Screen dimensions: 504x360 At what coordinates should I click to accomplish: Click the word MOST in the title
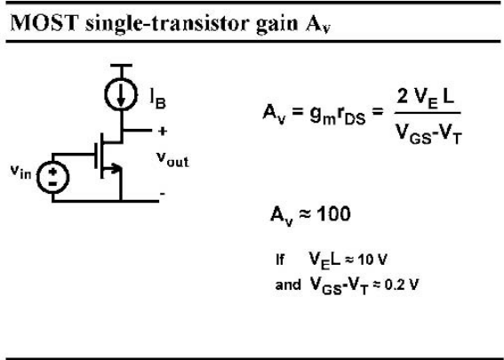tap(44, 23)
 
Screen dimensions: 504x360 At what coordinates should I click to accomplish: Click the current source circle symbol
tap(121, 94)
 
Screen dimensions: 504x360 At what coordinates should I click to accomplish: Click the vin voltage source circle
tap(53, 177)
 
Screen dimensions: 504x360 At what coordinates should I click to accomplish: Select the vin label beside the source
tap(21, 172)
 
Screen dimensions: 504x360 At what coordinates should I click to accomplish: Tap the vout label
tap(172, 159)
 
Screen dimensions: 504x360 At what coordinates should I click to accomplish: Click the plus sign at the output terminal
tap(163, 132)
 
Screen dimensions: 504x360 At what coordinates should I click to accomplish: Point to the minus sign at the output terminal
tap(163, 194)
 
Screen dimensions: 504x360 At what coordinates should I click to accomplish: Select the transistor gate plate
tap(96, 156)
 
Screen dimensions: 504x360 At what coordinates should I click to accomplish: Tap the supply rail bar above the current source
tap(121, 66)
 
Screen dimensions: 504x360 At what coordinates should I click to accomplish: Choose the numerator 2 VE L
tap(425, 97)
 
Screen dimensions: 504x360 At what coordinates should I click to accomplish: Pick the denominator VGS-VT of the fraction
tap(428, 133)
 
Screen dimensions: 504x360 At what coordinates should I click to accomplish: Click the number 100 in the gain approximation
tap(333, 214)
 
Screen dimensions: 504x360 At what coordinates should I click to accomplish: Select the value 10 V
tap(372, 260)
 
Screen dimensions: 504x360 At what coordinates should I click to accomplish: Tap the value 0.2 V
tap(402, 284)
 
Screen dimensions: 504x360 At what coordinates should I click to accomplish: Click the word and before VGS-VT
tap(288, 284)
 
